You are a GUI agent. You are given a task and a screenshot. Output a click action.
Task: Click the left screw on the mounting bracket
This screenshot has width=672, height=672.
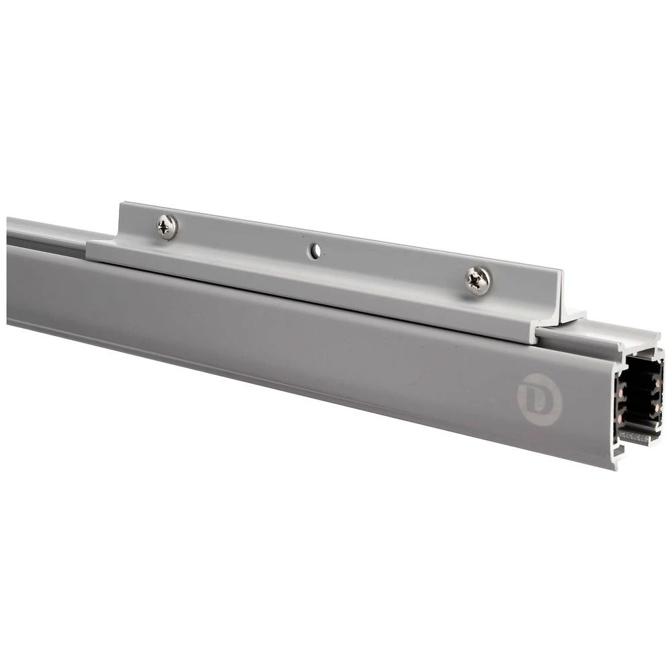167,226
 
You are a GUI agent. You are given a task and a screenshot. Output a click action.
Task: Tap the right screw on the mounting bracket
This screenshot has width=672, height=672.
478,280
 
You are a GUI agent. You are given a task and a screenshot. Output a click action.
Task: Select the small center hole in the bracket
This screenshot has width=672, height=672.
314,251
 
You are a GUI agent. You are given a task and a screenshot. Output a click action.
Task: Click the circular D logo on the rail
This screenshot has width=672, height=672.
539,401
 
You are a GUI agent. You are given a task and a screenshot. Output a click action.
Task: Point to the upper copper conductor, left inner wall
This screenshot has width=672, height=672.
622,393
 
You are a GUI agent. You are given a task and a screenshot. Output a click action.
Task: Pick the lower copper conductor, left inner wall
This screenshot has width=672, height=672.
622,413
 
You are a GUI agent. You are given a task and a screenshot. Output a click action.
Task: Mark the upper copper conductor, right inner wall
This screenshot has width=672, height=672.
654,384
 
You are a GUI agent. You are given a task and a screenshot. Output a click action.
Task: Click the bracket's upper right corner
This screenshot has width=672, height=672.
560,271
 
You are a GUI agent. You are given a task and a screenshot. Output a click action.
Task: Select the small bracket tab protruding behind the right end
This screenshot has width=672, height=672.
575,314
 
